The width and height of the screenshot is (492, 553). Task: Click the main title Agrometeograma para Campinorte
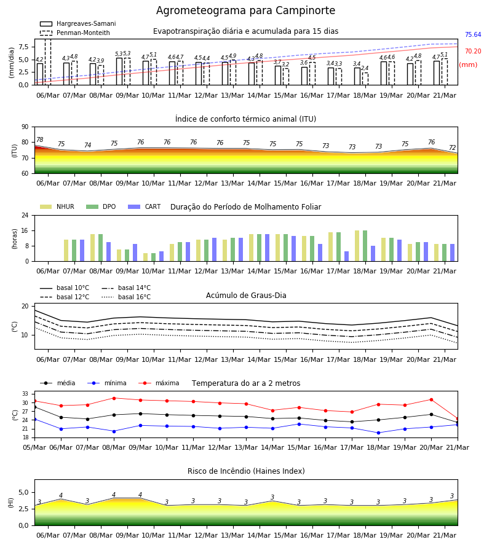245,10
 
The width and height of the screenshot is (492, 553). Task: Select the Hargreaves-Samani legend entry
77,23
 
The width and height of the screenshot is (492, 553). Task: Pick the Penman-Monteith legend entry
75,33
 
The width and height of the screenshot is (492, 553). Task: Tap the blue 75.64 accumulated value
473,34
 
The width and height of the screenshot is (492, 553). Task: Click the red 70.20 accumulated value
473,51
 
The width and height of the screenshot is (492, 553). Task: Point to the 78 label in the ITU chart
40,139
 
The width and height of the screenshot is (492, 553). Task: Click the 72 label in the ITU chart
453,147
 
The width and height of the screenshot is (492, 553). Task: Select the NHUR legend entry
57,206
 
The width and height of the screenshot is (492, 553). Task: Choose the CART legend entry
145,206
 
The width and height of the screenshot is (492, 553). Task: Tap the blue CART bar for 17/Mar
347,256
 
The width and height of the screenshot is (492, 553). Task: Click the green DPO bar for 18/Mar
365,246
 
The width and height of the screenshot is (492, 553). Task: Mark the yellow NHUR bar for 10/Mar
145,257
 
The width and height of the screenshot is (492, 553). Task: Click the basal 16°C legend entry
126,297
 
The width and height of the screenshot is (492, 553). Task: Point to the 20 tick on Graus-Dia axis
25,306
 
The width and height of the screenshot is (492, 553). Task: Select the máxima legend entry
159,383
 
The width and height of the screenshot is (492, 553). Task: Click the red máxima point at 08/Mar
114,398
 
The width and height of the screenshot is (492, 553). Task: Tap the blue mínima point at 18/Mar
379,433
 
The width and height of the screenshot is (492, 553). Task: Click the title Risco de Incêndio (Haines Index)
246,471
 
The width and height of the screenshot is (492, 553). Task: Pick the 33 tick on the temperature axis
25,394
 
